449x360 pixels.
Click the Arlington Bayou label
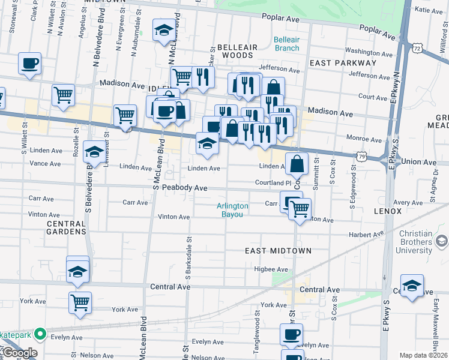pos(232,210)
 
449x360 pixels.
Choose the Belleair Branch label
pos(286,44)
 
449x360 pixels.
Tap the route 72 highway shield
pos(418,46)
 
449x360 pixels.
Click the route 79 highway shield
pos(361,157)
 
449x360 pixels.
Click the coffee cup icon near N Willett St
pos(29,63)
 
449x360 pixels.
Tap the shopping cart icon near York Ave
pos(80,302)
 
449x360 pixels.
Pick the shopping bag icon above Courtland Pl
pos(297,163)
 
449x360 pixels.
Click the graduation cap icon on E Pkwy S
pos(412,286)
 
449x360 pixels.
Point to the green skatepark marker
pos(40,333)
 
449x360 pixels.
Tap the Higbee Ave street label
pos(271,269)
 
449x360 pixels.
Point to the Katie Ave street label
pos(429,10)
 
